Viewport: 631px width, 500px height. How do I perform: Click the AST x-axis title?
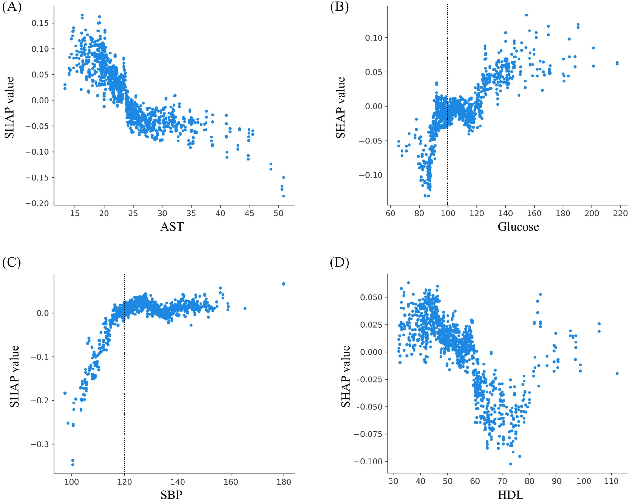[172, 226]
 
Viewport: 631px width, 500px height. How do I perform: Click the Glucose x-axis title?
[518, 226]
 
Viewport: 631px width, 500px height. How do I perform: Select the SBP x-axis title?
[171, 495]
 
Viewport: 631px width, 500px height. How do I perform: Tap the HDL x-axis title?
[511, 495]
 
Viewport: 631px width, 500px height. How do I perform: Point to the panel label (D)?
[339, 262]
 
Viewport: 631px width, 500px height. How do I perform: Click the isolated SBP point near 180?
[283, 284]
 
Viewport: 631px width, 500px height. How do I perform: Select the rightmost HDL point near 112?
[617, 373]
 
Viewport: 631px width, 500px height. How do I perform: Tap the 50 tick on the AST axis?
[278, 213]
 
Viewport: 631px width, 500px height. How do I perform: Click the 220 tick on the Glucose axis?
[620, 213]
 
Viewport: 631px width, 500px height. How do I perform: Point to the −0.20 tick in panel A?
[37, 203]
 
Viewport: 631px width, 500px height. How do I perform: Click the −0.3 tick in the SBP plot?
[40, 444]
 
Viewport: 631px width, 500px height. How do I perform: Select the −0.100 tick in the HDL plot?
[368, 461]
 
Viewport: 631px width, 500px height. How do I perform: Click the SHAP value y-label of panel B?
[341, 108]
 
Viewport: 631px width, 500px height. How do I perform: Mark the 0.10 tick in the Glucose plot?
[374, 38]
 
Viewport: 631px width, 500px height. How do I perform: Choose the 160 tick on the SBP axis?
[231, 481]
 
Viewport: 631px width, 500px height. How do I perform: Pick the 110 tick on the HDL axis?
[611, 481]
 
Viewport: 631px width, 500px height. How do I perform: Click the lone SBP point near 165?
[245, 308]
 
